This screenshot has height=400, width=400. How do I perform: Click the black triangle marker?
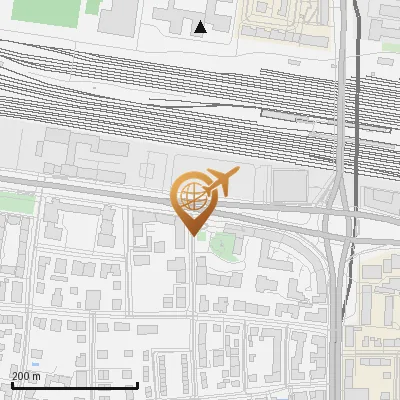tap(201, 27)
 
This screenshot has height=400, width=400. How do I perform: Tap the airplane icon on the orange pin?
tap(220, 181)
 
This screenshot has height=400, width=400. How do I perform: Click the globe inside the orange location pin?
tap(191, 195)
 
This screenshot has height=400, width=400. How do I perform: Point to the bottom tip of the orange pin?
tap(192, 235)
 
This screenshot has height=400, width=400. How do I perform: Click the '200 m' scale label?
tap(26, 376)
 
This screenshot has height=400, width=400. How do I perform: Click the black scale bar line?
tap(74, 385)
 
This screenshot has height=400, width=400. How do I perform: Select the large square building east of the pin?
tap(290, 185)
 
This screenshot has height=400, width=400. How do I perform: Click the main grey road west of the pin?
tap(80, 191)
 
